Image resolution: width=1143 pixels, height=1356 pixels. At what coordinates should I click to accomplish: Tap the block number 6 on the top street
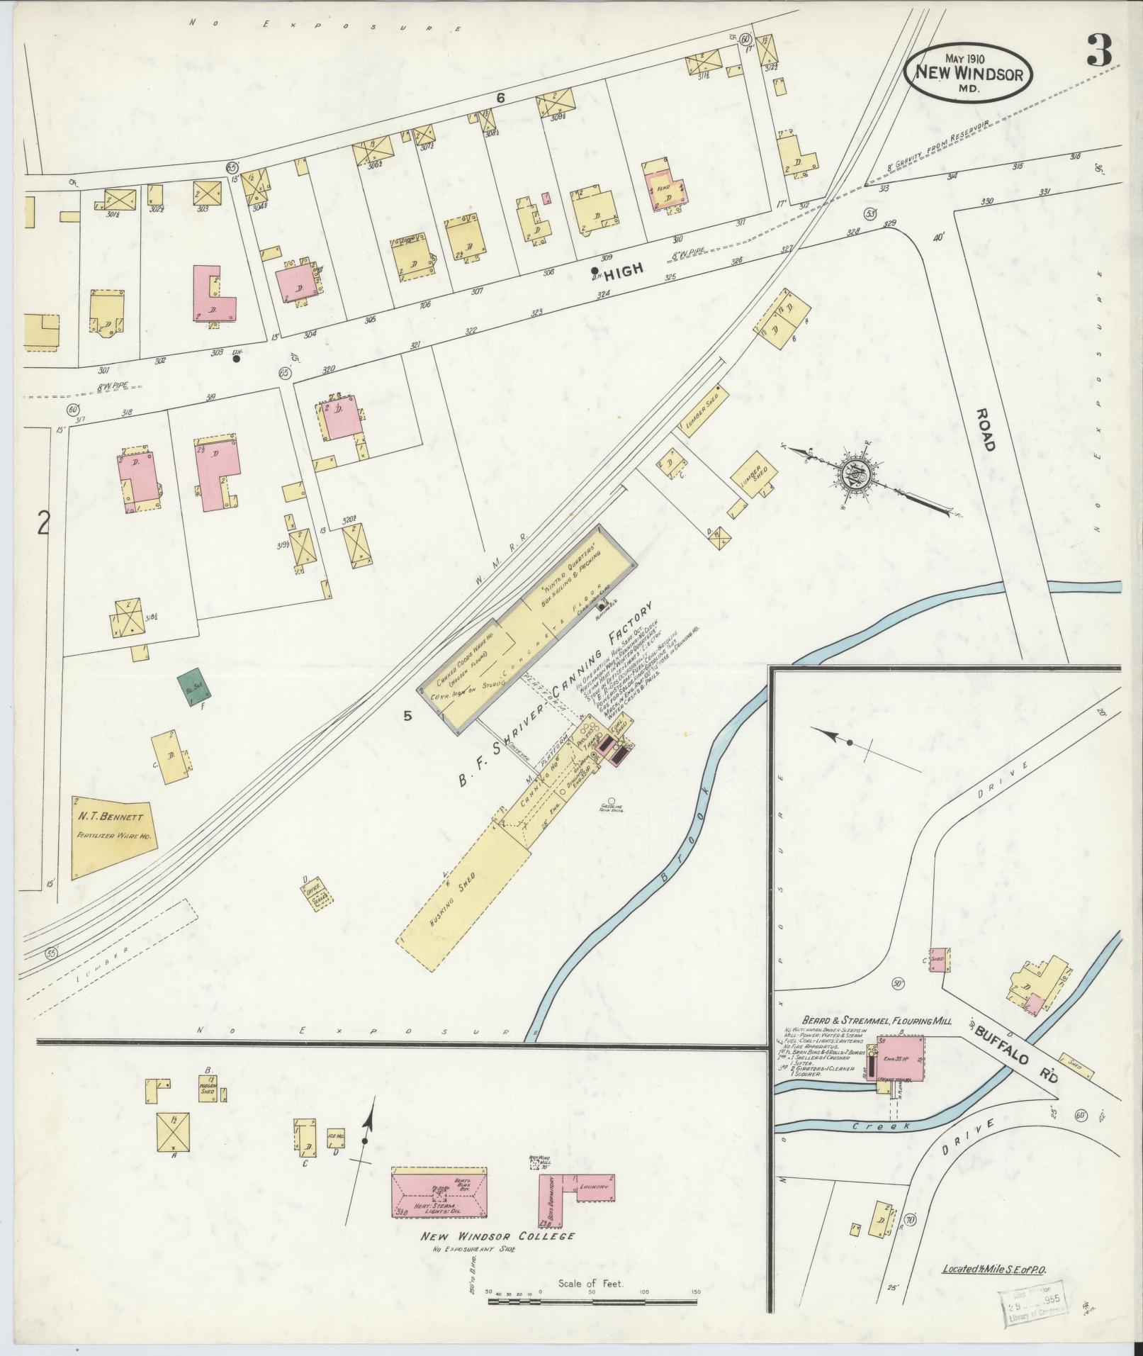pyautogui.click(x=500, y=99)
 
